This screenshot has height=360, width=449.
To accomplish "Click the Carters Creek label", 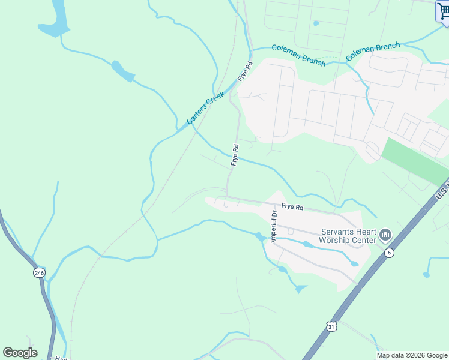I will coord(206,108).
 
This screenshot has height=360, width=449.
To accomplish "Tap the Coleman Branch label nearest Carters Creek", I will coord(298,55).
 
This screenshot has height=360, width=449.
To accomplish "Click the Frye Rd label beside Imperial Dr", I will coord(292,207).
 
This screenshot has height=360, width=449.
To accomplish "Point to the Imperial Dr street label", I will coord(274,226).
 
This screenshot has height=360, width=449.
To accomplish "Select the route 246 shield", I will coord(39,273).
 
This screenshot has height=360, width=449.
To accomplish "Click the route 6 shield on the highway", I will coord(389,253).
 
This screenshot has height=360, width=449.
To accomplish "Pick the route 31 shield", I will coord(331,326).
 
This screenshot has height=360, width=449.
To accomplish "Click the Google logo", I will coord(20,353).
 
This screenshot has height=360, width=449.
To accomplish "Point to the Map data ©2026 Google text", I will coord(412,355).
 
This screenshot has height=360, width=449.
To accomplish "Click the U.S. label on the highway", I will coord(442,190).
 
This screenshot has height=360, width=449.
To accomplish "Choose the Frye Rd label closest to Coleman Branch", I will coord(244,71).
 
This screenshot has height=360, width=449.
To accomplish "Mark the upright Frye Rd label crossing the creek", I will coord(235,154).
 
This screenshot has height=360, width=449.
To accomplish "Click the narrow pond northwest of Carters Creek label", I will coord(123,71).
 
